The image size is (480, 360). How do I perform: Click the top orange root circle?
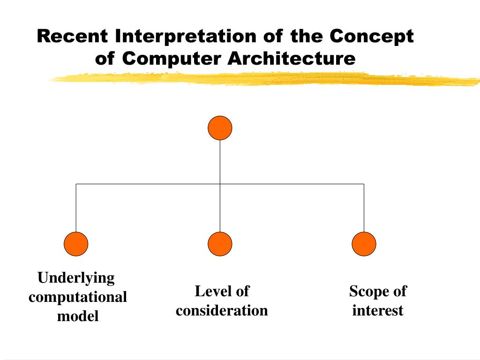pyautogui.click(x=220, y=128)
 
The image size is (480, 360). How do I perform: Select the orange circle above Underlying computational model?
pyautogui.click(x=76, y=244)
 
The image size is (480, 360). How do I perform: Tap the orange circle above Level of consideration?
pyautogui.click(x=220, y=244)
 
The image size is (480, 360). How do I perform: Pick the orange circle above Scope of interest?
pyautogui.click(x=364, y=244)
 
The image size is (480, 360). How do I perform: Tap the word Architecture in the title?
pyautogui.click(x=292, y=59)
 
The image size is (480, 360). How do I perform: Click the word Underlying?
pyautogui.click(x=76, y=278)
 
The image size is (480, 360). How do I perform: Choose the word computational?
pyautogui.click(x=78, y=297)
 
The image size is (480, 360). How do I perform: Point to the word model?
pyautogui.click(x=78, y=316)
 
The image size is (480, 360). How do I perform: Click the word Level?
pyautogui.click(x=209, y=291)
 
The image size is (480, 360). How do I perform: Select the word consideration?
pyautogui.click(x=222, y=310)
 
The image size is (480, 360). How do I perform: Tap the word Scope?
pyautogui.click(x=364, y=291)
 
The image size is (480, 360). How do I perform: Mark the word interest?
pyautogui.click(x=378, y=310)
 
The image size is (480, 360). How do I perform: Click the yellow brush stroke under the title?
pyautogui.click(x=262, y=79)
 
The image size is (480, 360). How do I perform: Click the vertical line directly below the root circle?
pyautogui.click(x=220, y=162)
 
